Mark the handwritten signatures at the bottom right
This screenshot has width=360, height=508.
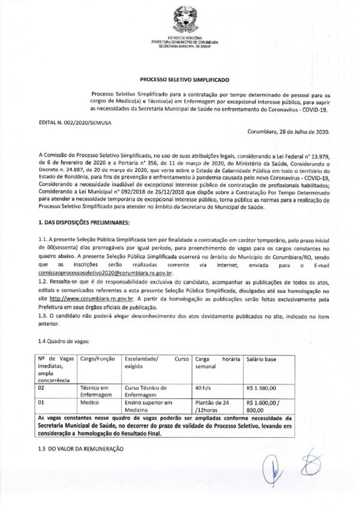click(302, 474)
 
